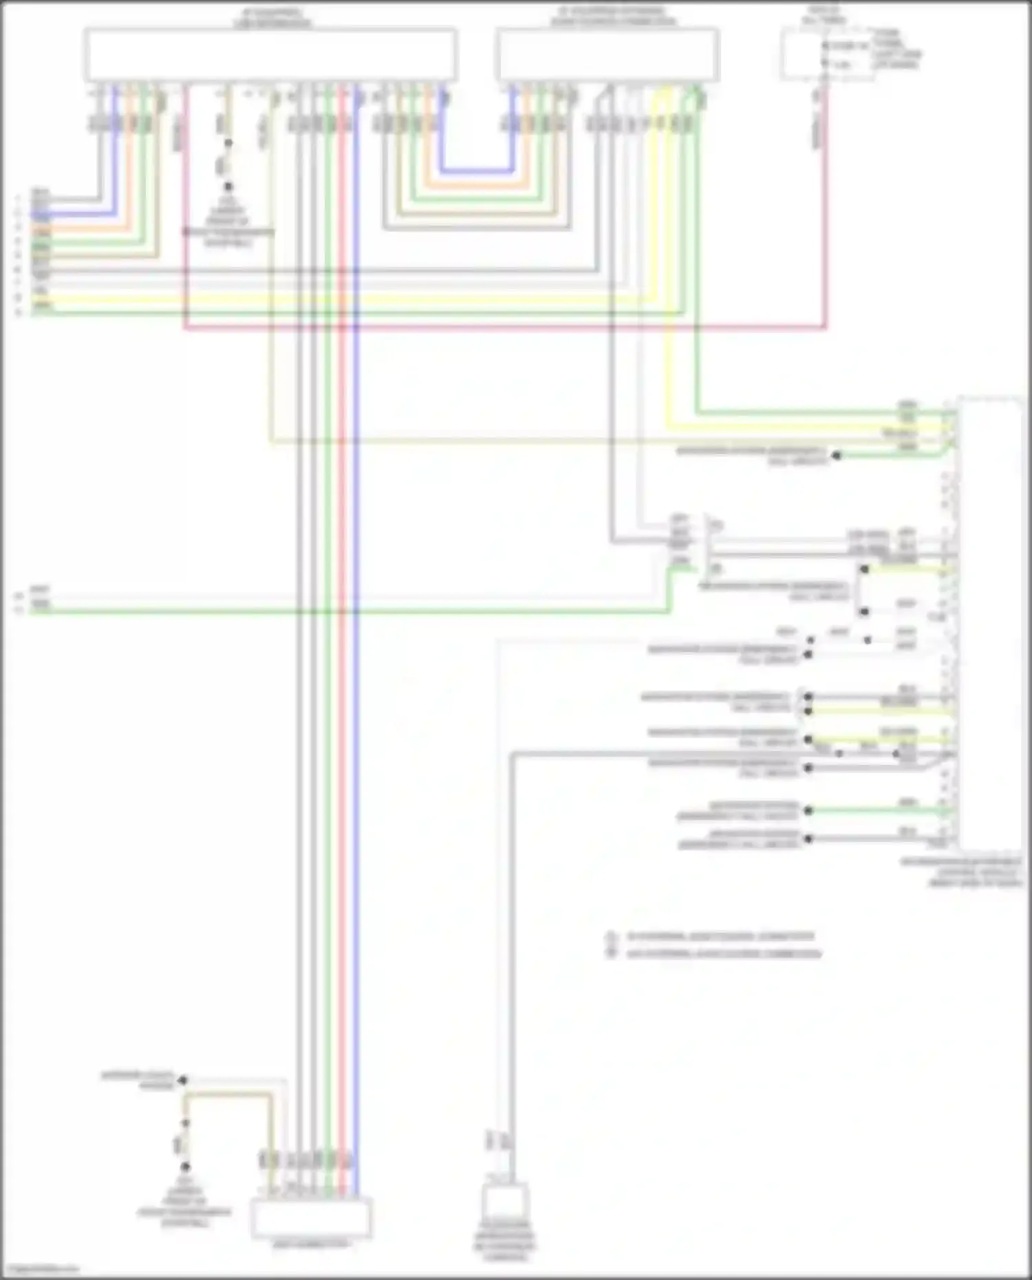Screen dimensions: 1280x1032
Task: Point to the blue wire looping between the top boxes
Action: click(x=477, y=169)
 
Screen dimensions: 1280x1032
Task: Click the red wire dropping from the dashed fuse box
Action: click(x=826, y=206)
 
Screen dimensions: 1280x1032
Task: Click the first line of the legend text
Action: click(x=720, y=937)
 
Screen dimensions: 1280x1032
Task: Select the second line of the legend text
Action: click(x=723, y=954)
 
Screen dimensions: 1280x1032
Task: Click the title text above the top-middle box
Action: click(x=608, y=17)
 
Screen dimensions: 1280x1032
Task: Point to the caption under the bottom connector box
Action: click(x=311, y=1244)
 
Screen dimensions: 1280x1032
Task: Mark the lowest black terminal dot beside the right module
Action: click(x=808, y=838)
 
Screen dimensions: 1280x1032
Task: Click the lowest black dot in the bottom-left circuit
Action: click(x=184, y=1167)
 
